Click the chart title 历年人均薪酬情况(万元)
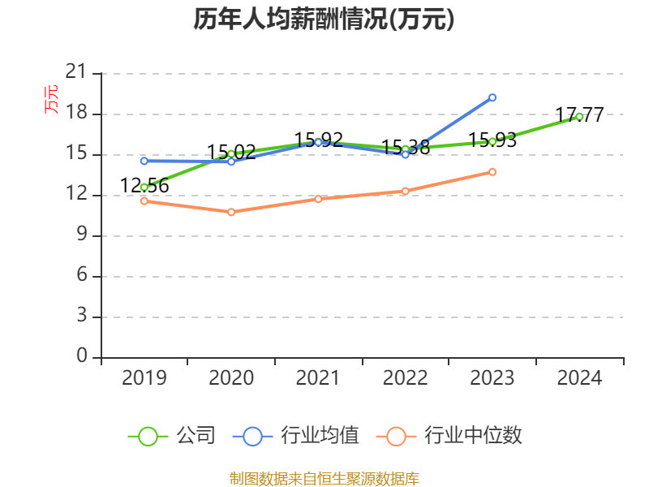324,19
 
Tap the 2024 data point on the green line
579,116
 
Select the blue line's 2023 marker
492,97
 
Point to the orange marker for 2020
231,212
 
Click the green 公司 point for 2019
144,187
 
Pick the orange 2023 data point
492,172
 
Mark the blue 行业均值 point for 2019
144,161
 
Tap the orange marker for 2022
405,191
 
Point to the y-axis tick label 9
81,235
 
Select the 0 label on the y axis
81,356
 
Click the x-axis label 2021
318,378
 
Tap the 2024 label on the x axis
579,378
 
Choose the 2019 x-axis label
144,378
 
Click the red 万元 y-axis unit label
51,99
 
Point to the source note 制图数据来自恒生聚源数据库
324,478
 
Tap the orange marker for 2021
318,199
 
